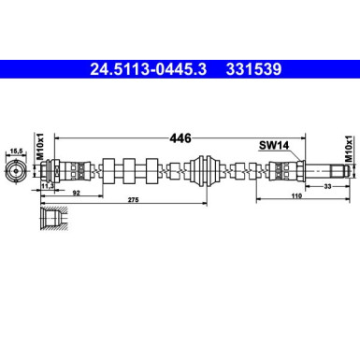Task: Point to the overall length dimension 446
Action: [180, 137]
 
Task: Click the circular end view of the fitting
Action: [15, 171]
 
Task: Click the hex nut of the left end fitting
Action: [55, 171]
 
